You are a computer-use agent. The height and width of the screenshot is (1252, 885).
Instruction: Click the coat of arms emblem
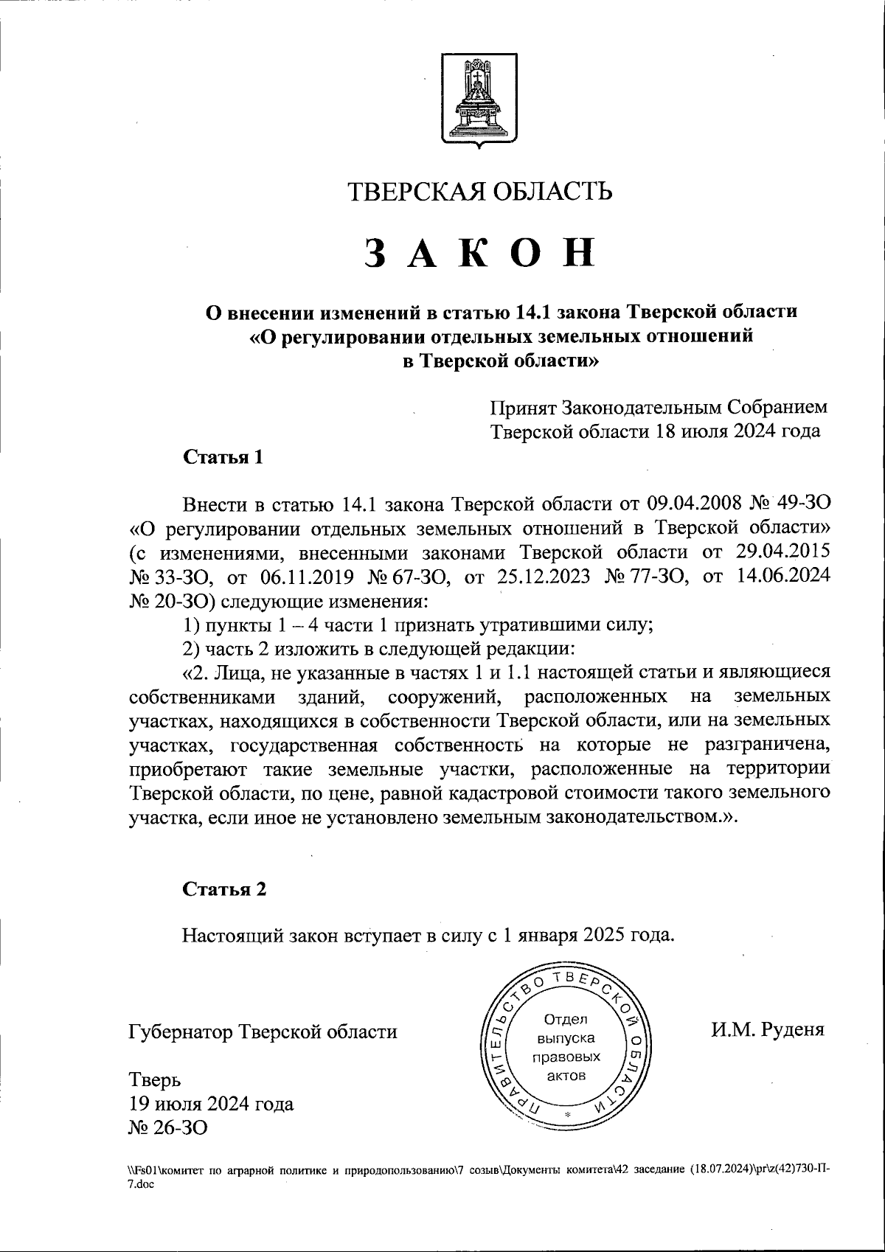click(479, 100)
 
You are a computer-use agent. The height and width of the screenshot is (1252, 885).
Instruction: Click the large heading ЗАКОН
click(479, 253)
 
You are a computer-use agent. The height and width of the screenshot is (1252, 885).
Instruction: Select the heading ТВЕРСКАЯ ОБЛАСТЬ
click(479, 192)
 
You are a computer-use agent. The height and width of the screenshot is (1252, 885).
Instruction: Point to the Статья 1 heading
click(223, 456)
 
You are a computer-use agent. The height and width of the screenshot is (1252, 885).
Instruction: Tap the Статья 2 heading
click(223, 888)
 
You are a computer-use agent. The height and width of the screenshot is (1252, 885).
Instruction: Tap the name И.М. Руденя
click(767, 1029)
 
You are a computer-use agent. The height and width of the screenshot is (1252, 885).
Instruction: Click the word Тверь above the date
click(155, 1080)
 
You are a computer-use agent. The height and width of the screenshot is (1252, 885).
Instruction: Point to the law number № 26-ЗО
click(168, 1127)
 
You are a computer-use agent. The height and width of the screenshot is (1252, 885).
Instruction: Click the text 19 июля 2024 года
click(211, 1104)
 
